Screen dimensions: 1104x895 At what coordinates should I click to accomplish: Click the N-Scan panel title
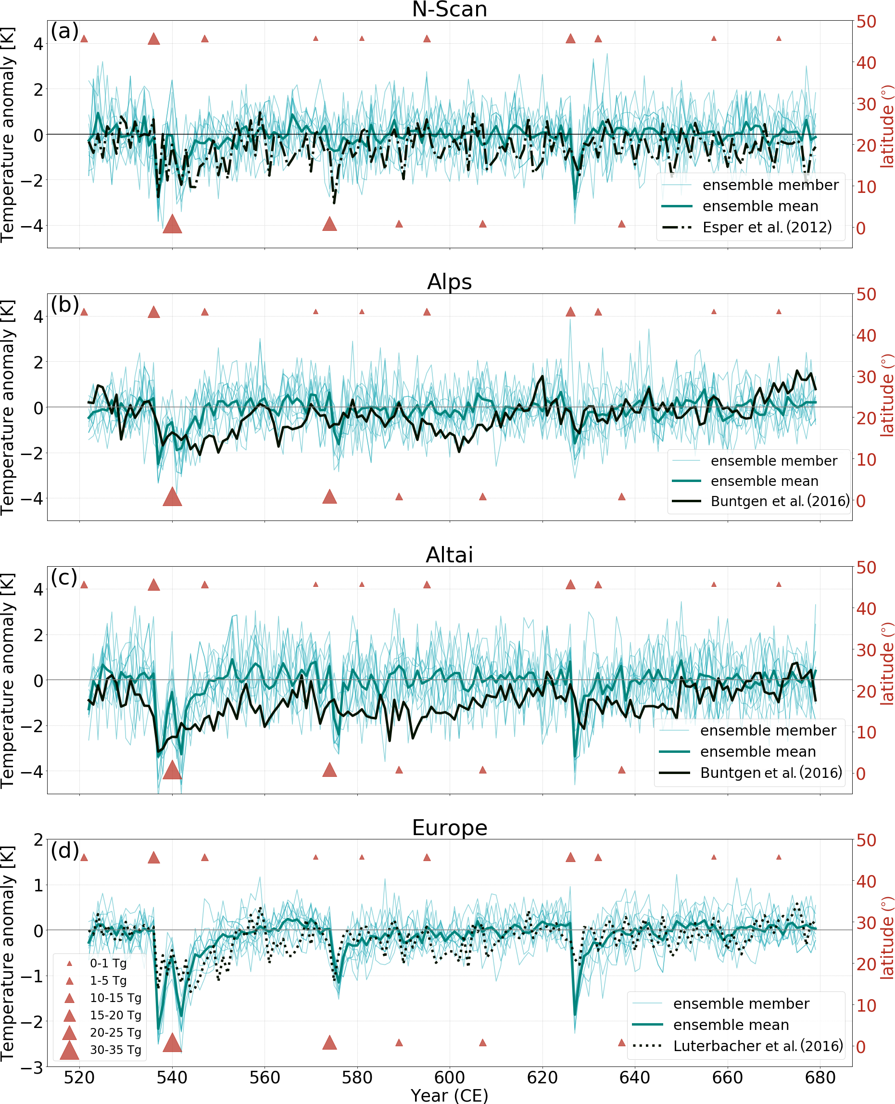coord(449,9)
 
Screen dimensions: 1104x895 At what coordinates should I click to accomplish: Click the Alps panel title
coord(449,282)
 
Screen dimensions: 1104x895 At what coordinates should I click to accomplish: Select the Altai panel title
coord(449,555)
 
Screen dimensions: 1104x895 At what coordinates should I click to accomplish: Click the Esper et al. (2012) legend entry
coord(767,228)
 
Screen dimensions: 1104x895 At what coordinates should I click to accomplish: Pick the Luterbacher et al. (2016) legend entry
coord(757,1046)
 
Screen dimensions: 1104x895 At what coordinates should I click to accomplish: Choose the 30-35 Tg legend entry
coord(115,1050)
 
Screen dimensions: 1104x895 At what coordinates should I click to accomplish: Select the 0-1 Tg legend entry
coord(108,963)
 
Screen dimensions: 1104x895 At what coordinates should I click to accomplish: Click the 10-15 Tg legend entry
coord(115,998)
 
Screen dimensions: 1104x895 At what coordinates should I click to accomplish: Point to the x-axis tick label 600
coord(449,1078)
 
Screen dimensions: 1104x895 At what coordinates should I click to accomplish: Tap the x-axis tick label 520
coord(79,1078)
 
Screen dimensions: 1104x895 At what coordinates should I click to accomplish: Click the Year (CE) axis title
coord(449,1095)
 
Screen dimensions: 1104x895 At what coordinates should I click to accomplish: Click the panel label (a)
coord(64,31)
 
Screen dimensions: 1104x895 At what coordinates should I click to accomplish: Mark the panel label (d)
coord(64,850)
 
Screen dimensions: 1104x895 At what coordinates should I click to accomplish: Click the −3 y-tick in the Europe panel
coord(32,1067)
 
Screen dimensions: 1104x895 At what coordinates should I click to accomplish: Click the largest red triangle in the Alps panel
coord(172,497)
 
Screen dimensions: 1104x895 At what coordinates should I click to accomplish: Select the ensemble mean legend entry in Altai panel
coord(757,751)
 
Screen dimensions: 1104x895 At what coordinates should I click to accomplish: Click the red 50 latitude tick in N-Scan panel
coord(866,22)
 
